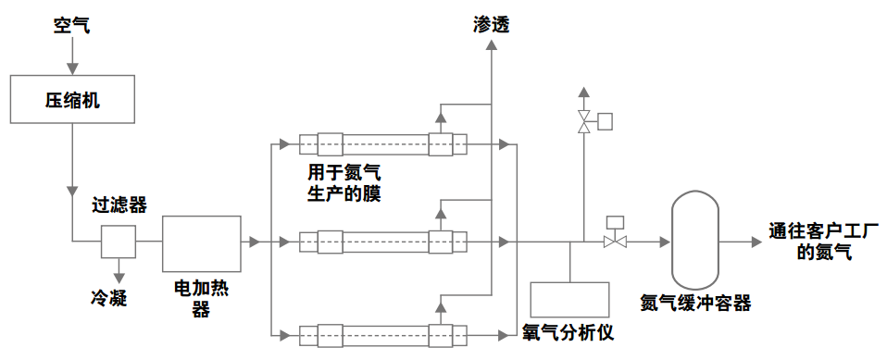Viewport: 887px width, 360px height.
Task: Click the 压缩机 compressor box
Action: (71, 99)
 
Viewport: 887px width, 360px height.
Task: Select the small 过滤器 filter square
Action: (119, 242)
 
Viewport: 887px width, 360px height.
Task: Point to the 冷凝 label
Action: (107, 297)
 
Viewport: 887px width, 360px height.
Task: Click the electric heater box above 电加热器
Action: (201, 242)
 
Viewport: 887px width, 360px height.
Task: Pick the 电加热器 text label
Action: (201, 299)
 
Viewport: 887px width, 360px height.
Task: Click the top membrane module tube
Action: (381, 144)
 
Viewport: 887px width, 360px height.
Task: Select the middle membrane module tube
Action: (381, 242)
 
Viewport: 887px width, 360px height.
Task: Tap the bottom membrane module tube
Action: (381, 334)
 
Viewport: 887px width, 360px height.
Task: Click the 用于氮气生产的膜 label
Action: (344, 183)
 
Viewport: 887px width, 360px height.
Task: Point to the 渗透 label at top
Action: (491, 25)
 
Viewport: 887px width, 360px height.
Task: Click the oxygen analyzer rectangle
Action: (568, 297)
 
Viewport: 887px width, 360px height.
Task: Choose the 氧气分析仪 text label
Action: (568, 330)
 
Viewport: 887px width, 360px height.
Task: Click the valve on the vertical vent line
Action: (583, 121)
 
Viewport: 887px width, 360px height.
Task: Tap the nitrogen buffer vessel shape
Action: (695, 241)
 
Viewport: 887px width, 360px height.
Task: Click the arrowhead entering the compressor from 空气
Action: (71, 68)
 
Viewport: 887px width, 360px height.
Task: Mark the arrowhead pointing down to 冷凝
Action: (119, 274)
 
